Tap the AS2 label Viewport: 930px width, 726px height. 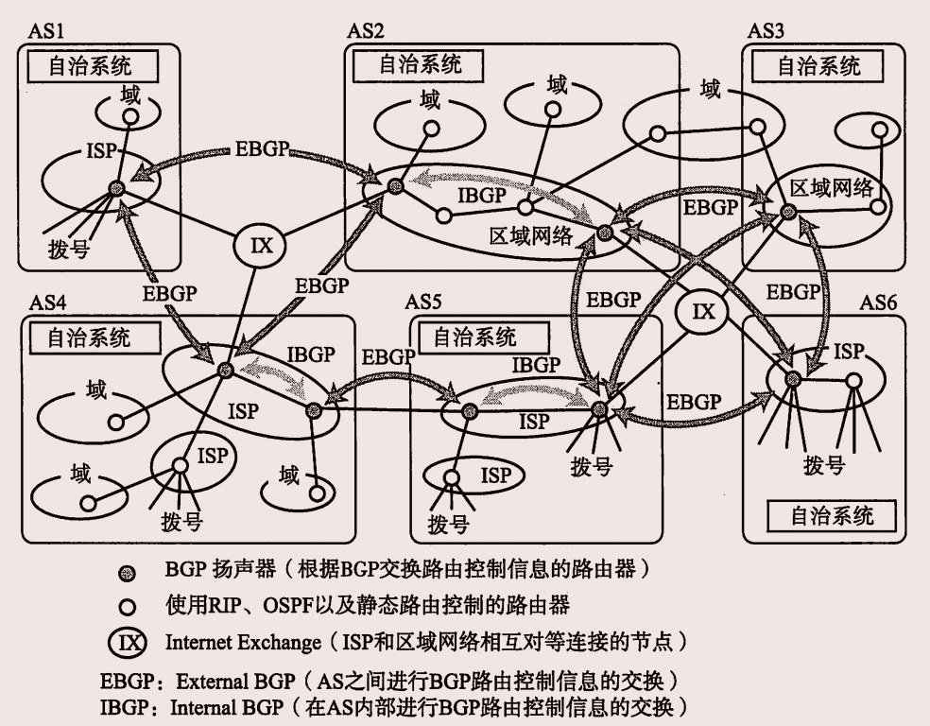coord(366,30)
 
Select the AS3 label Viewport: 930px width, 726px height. coord(766,30)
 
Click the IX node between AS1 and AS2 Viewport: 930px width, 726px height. coord(259,247)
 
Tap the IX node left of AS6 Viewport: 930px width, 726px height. coord(704,311)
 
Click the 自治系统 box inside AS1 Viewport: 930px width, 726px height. coord(90,66)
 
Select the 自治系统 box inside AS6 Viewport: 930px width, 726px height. coord(832,515)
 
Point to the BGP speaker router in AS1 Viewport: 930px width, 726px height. coord(116,188)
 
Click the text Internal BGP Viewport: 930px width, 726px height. coord(222,706)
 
